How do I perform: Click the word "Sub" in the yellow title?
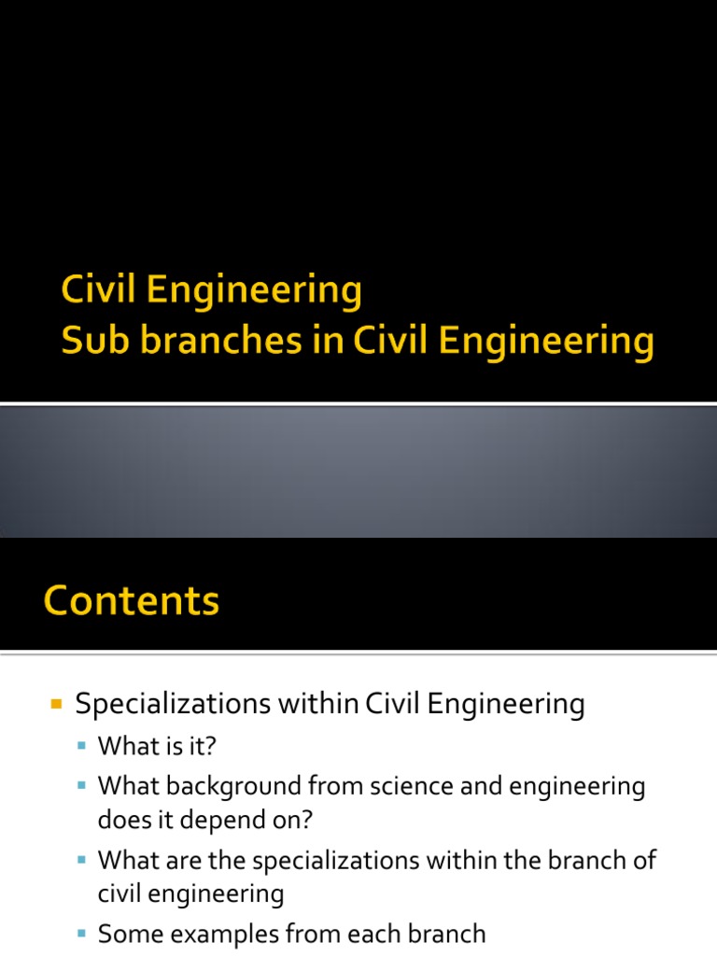(90, 341)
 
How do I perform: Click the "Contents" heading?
(131, 600)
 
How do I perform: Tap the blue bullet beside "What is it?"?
(82, 747)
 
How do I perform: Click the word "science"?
(401, 786)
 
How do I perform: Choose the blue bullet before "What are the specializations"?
(82, 860)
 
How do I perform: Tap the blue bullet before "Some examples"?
(82, 934)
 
